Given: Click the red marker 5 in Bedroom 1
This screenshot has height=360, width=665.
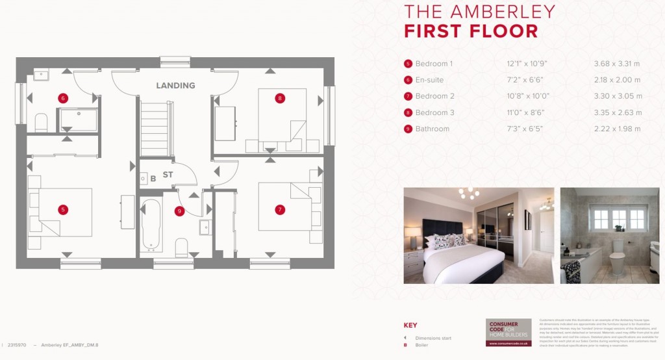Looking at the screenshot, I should pos(63,210).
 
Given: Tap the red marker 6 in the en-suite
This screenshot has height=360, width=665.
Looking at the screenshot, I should pos(63,99).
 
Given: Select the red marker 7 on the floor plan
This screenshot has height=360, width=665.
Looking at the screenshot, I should pos(280,210).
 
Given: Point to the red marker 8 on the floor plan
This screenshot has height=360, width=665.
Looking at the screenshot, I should pos(280,99).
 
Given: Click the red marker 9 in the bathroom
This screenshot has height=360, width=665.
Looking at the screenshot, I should pos(179,211).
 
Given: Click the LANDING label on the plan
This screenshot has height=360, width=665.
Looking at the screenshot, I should pos(175,86).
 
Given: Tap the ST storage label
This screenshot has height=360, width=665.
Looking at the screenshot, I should pos(168,175).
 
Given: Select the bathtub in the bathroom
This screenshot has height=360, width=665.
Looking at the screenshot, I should pos(152,225).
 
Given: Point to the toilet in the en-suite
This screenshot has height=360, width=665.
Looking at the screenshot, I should pos(42,122).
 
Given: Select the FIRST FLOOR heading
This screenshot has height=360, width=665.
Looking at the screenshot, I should pos(471,31).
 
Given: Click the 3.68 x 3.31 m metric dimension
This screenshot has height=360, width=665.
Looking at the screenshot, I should pos(617,64).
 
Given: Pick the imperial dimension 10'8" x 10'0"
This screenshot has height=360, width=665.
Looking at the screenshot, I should pos(528,96).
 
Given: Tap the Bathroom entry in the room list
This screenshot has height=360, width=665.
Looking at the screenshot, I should pos(432,129).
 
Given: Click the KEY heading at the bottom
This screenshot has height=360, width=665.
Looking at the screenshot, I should pos(410,325).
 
